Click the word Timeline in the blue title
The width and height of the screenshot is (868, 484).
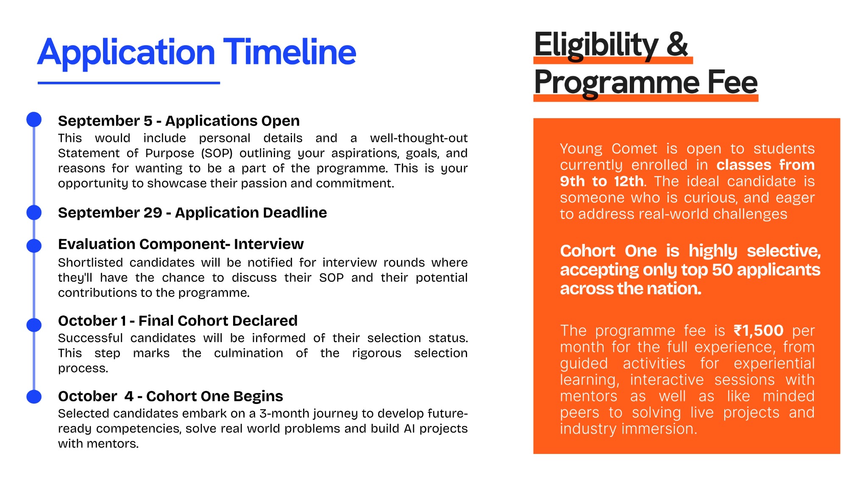[x=289, y=53]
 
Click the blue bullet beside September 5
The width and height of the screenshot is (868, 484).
[x=34, y=119]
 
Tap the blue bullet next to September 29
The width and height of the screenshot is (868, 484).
[x=34, y=212]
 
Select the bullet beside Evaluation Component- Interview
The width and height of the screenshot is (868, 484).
[x=34, y=245]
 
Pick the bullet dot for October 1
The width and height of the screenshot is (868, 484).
[x=34, y=325]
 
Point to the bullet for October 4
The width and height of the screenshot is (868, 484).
[x=34, y=397]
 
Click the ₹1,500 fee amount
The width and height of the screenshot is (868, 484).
[x=759, y=330]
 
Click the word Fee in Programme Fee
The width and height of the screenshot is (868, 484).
[x=732, y=82]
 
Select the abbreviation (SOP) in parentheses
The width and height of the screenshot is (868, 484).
[x=217, y=153]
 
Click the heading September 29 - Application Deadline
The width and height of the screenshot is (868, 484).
[x=192, y=213]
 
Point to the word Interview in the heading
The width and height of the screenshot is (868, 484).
[x=269, y=244]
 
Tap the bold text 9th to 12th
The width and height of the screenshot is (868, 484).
[x=601, y=182]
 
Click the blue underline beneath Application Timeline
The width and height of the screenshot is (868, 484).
[x=128, y=83]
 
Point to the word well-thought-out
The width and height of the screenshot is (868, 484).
[x=418, y=138]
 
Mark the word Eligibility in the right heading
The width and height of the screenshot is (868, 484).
[x=596, y=45]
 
